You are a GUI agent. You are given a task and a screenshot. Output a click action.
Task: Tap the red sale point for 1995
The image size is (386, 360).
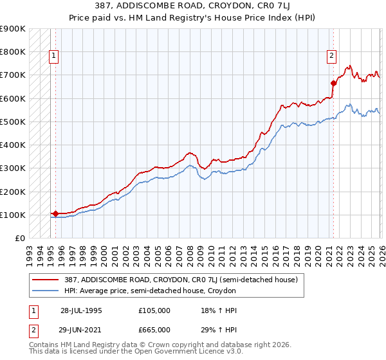pos(55,213)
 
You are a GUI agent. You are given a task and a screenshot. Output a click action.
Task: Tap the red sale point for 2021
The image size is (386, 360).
pos(333,83)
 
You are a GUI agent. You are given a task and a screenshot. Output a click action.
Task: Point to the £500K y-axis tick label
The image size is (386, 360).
pos(13,122)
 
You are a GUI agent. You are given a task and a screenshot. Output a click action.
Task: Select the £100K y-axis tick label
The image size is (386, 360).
pos(13,215)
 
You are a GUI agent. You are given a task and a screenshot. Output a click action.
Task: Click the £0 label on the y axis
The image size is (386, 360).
pos(19,238)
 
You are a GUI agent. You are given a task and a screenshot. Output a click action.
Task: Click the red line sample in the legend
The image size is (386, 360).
pos(47,280)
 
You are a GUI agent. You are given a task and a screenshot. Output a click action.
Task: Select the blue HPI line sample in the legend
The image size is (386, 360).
pos(47,291)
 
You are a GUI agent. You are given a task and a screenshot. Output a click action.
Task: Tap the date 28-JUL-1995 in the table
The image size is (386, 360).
pos(81,310)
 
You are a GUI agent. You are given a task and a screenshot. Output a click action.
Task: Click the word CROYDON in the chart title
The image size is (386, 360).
pos(216,6)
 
